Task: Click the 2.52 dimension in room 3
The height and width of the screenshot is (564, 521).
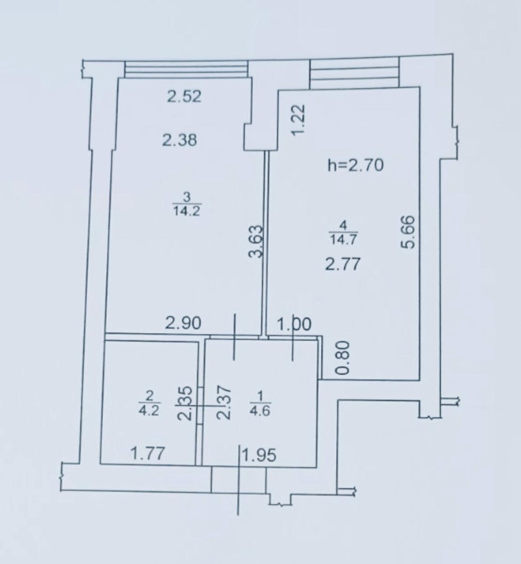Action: pyautogui.click(x=184, y=96)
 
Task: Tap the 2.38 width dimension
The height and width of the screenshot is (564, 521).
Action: pyautogui.click(x=179, y=140)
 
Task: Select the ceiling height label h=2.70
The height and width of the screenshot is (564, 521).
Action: pyautogui.click(x=356, y=165)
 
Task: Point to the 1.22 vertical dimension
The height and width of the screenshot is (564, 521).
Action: pyautogui.click(x=299, y=121)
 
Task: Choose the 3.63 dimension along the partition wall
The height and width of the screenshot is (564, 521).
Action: pyautogui.click(x=255, y=242)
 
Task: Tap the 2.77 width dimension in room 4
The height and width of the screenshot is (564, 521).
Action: pyautogui.click(x=342, y=264)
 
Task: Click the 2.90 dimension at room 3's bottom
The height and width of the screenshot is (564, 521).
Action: pyautogui.click(x=183, y=323)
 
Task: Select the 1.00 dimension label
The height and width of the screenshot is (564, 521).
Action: pyautogui.click(x=294, y=324)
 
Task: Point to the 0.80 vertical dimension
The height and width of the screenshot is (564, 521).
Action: pyautogui.click(x=342, y=357)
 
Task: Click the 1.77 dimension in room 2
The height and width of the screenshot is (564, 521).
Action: pyautogui.click(x=148, y=454)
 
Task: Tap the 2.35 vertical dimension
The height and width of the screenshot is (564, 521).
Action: pyautogui.click(x=185, y=403)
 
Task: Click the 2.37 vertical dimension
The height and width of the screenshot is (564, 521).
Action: pyautogui.click(x=224, y=402)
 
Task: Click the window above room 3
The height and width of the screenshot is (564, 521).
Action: pyautogui.click(x=186, y=69)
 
